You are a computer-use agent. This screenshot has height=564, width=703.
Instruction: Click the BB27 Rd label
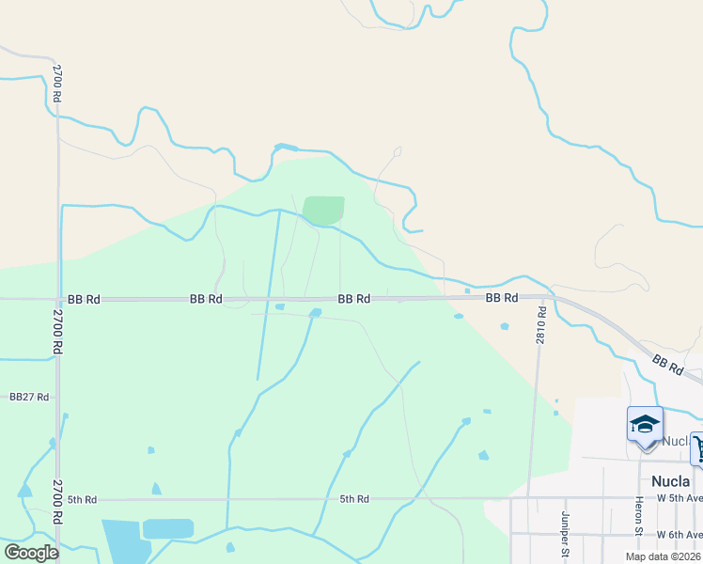click(29, 398)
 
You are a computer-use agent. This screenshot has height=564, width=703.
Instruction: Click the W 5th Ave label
click(679, 497)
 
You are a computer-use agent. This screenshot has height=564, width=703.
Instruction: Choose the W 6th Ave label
click(679, 534)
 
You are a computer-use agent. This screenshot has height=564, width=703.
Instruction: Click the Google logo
click(31, 553)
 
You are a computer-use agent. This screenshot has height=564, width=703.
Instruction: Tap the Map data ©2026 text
click(663, 556)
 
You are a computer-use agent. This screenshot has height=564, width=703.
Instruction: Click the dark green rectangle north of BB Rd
click(323, 211)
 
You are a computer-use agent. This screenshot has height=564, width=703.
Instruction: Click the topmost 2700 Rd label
click(57, 84)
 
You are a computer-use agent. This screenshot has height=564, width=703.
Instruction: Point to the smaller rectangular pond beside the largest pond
click(167, 528)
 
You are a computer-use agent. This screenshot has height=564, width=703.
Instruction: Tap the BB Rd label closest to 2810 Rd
click(502, 298)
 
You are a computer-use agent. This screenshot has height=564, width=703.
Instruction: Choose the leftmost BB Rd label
click(84, 300)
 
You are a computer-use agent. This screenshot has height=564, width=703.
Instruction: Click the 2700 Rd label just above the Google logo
click(57, 502)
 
